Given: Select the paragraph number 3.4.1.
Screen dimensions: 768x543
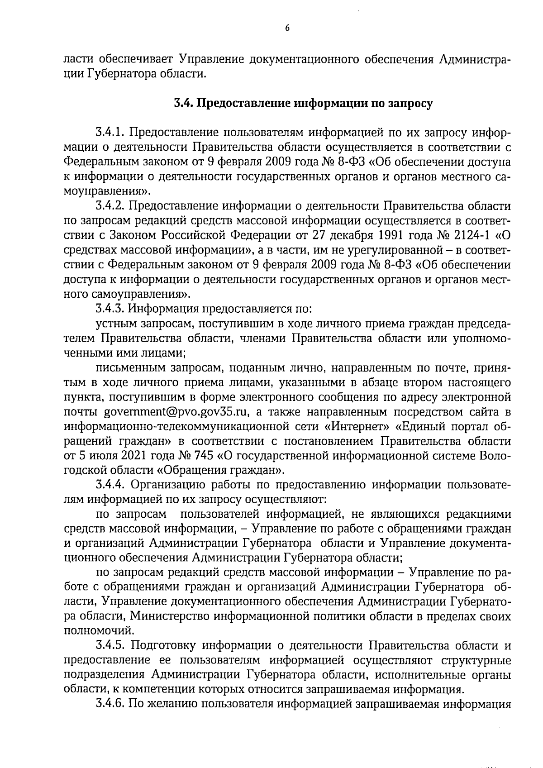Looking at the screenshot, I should click(x=110, y=133).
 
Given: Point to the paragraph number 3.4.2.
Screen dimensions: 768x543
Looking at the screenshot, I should click(x=110, y=206).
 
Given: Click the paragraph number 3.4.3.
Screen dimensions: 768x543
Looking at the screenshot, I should click(x=110, y=309).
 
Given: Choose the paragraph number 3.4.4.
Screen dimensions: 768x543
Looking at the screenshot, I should click(x=110, y=485).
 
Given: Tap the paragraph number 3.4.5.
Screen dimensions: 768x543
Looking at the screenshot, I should click(x=110, y=645).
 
